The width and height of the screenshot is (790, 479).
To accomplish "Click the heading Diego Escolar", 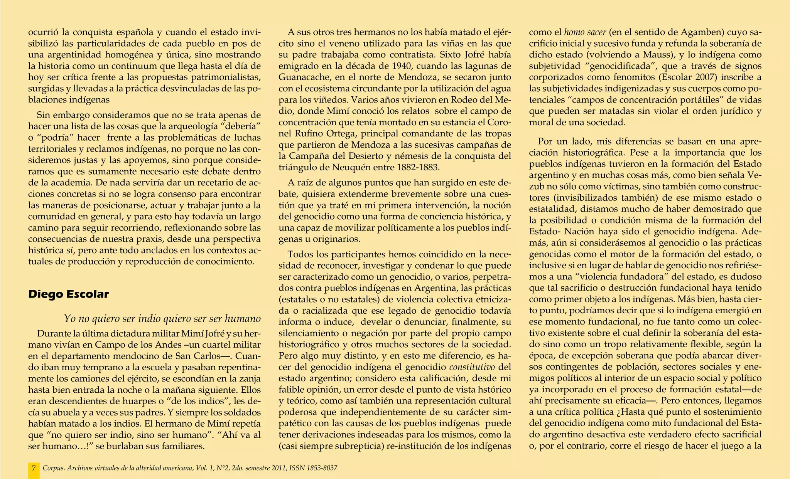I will point(69,294).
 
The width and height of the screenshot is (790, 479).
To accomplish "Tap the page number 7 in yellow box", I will point(34,468).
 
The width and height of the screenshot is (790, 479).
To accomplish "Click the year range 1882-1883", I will point(417,168).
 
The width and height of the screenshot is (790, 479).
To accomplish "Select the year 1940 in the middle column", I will point(401,66).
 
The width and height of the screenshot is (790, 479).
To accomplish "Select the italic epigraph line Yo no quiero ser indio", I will point(162,319).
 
